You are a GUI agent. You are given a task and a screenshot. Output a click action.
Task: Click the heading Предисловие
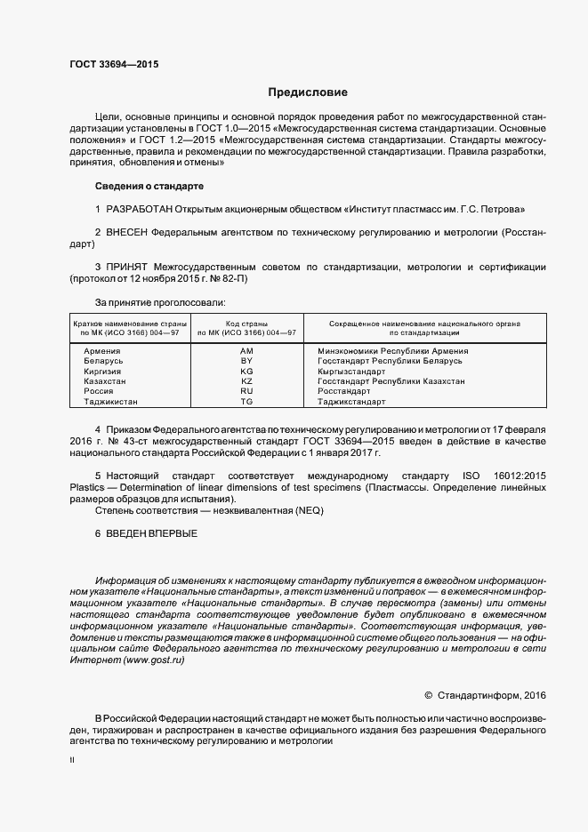pos(309,92)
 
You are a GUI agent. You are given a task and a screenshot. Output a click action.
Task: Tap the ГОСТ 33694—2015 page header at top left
pos(114,65)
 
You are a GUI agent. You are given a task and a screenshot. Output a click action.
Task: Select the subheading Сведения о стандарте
pos(149,186)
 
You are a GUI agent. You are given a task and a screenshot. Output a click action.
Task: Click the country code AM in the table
pos(247,351)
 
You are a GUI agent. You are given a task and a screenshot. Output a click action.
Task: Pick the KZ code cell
pos(247,380)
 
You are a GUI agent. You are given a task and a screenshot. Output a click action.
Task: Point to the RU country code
pos(247,391)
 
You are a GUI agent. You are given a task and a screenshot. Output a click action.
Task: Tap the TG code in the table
pos(247,402)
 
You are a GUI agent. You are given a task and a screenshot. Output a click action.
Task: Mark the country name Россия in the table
pos(98,391)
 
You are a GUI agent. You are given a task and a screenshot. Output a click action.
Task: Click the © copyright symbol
pos(428,694)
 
